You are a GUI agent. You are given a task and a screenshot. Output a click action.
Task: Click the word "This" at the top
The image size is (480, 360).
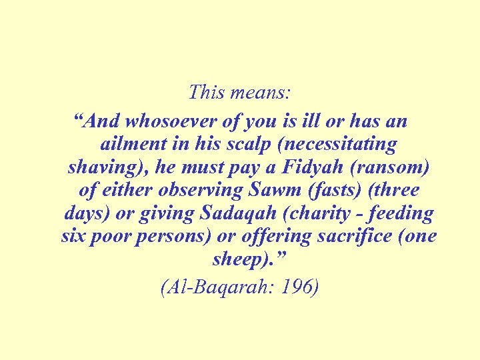click(x=206, y=91)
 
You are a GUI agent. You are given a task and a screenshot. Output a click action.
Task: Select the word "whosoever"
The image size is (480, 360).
click(x=175, y=121)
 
